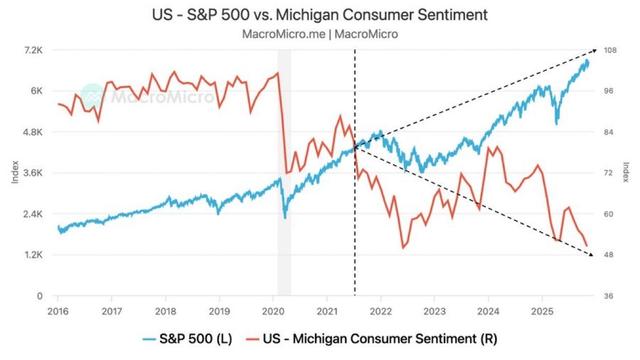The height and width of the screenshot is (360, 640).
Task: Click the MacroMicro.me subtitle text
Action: (x=319, y=32)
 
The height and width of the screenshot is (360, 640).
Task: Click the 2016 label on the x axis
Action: (x=58, y=311)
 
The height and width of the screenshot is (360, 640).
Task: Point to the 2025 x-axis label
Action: (x=541, y=311)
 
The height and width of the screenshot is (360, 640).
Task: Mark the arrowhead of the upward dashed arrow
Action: (x=596, y=51)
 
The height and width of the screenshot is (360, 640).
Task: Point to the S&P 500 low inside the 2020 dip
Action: (x=285, y=216)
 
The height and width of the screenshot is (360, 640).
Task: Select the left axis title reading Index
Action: (x=14, y=173)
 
